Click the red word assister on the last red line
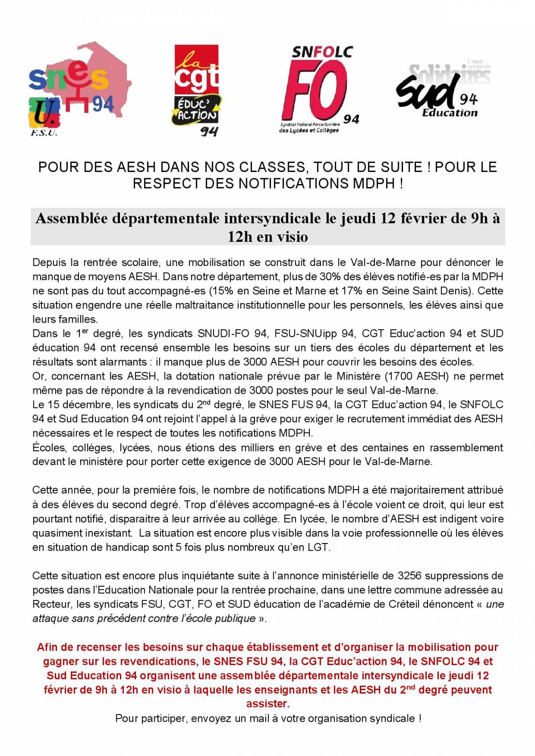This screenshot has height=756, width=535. pyautogui.click(x=267, y=704)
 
